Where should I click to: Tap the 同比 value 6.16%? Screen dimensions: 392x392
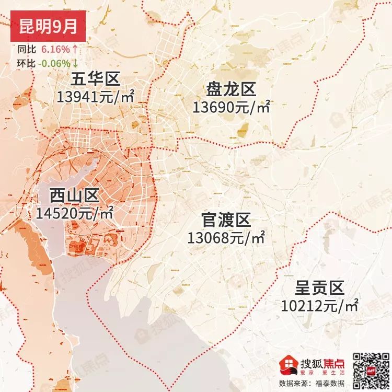tap(54, 50)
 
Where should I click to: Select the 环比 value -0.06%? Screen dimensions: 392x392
tap(53, 63)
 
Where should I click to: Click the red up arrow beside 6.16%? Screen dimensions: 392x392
tap(75, 50)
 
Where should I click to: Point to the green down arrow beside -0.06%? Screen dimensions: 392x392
tap(75, 63)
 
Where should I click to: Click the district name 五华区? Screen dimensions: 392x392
tap(96, 79)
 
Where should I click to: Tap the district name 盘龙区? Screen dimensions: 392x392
tap(231, 89)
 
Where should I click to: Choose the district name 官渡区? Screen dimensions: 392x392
tap(226, 220)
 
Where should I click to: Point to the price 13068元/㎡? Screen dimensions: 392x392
tap(226, 238)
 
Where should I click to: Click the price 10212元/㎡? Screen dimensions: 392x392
tap(319, 305)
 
